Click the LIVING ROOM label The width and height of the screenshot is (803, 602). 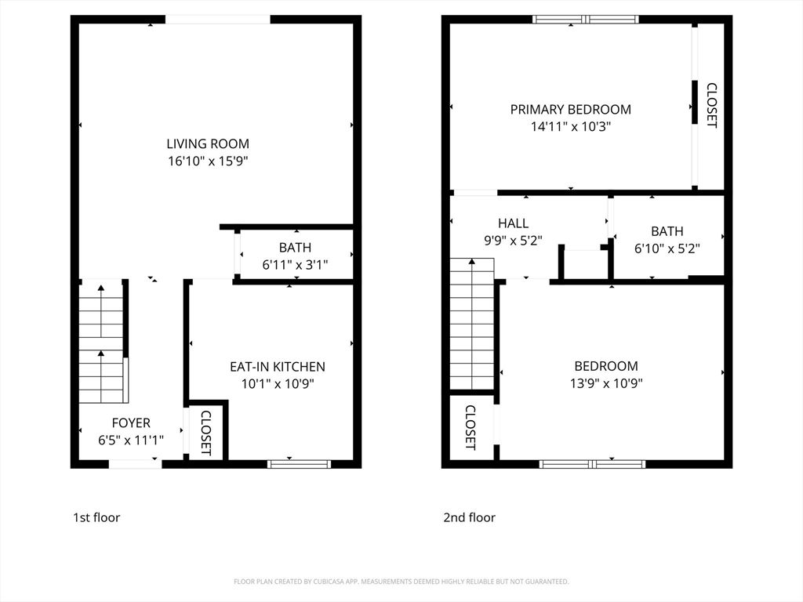click(x=208, y=143)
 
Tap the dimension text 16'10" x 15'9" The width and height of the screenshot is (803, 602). click(x=208, y=161)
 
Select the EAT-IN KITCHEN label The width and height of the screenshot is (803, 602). click(x=277, y=366)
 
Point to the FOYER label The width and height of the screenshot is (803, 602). click(x=130, y=422)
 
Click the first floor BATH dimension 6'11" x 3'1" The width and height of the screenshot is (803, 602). click(x=295, y=265)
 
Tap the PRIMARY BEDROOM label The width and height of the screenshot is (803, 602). click(x=570, y=109)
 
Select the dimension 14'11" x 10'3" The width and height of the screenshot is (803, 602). click(x=570, y=126)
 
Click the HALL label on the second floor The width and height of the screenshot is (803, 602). click(x=513, y=223)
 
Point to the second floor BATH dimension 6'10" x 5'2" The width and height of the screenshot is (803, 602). click(x=667, y=248)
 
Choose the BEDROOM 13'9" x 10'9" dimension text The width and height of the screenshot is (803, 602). click(x=605, y=383)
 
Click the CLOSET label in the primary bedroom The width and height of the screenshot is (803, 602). click(x=711, y=106)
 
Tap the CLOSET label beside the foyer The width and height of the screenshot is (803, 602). click(x=206, y=433)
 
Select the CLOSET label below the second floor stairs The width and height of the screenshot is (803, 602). click(x=471, y=427)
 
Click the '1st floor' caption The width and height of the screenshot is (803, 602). click(x=96, y=517)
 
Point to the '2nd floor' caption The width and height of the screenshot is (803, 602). click(x=469, y=517)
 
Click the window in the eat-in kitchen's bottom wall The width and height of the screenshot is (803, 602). click(x=300, y=464)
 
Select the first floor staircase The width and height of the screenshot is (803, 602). click(x=102, y=341)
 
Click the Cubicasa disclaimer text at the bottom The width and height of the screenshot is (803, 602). click(x=401, y=582)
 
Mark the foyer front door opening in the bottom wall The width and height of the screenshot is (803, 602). click(x=135, y=464)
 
